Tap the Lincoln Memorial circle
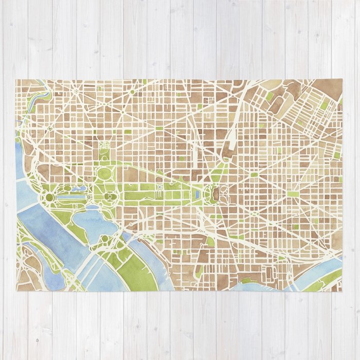pos(50,197)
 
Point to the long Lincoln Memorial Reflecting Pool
pos(72,196)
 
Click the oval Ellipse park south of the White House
pos(104,173)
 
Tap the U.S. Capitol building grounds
pos(212,194)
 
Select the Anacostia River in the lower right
pos(321,270)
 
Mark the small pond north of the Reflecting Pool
pos(80,189)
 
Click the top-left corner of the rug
pos(16,79)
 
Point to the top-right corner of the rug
pos(342,79)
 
